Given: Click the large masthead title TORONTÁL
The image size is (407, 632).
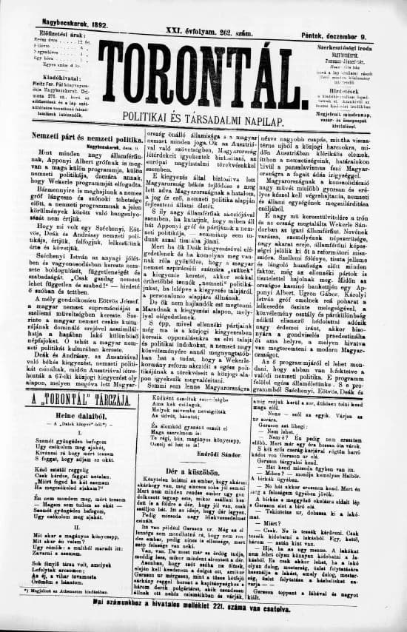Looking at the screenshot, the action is [x=203, y=70].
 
